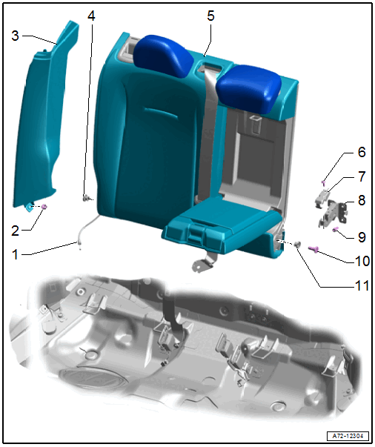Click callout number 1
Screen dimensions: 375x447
16,254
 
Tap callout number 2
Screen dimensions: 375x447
16,231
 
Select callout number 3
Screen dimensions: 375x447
15,36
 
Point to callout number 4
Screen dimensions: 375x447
91,16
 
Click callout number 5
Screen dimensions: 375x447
210,16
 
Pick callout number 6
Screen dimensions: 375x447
362,152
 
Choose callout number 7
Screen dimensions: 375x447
362,176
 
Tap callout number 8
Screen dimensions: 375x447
362,200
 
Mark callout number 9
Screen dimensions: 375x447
362,237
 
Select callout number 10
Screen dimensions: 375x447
362,261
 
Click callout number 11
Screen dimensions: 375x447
362,285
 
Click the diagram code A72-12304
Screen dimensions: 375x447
348,436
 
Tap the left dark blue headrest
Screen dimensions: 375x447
163,55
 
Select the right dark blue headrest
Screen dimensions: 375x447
248,89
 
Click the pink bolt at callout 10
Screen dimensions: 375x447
314,249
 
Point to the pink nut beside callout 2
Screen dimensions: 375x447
44,206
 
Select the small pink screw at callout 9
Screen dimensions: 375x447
335,229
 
